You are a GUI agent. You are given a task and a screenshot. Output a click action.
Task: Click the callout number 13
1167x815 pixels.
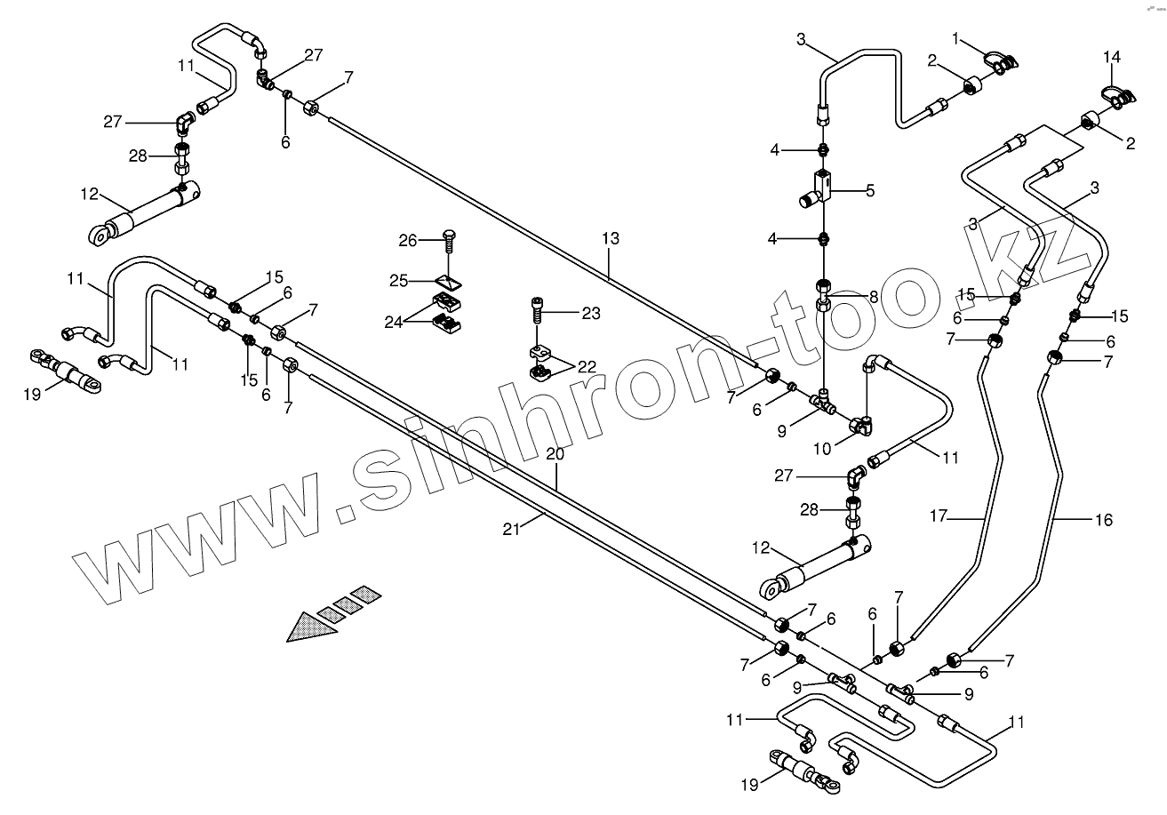click(610, 238)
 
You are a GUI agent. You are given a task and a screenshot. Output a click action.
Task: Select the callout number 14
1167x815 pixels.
click(1112, 58)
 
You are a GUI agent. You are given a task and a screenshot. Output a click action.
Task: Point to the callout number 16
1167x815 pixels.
click(1103, 520)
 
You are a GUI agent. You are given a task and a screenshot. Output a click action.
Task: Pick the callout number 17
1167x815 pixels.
click(939, 515)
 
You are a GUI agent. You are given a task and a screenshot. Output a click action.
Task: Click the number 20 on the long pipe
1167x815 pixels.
click(556, 452)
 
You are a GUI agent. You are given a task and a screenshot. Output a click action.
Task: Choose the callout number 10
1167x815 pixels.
click(821, 449)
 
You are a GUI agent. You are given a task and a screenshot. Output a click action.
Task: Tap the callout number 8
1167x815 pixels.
click(874, 298)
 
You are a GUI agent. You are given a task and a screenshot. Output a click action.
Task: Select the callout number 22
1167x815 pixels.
click(587, 366)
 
